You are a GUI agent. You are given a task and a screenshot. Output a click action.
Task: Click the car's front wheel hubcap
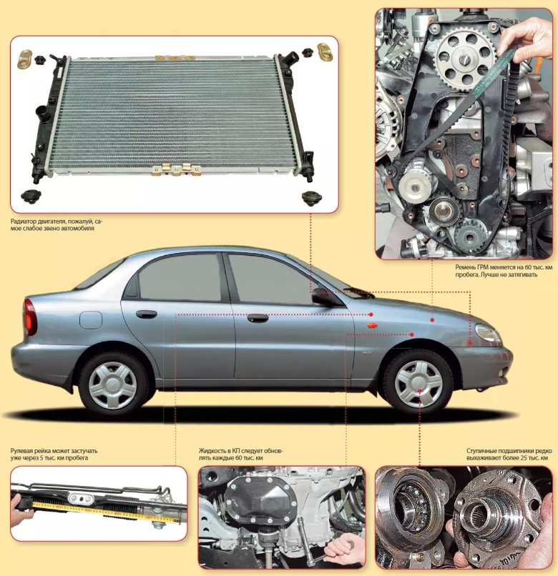(x=418, y=384)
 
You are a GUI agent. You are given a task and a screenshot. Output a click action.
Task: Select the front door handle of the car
(x=258, y=318)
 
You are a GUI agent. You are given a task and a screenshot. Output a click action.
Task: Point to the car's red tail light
(x=29, y=317)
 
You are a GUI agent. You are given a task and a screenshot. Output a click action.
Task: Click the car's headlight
(x=488, y=332)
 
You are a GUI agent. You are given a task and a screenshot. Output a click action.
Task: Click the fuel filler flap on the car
(x=90, y=320)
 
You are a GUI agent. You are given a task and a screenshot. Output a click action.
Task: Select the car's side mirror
(x=327, y=298)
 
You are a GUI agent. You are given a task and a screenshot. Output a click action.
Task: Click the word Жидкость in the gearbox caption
(x=212, y=451)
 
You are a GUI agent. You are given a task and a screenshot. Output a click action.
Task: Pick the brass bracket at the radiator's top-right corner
(x=325, y=53)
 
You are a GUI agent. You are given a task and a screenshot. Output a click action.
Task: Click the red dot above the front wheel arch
(x=412, y=334)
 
